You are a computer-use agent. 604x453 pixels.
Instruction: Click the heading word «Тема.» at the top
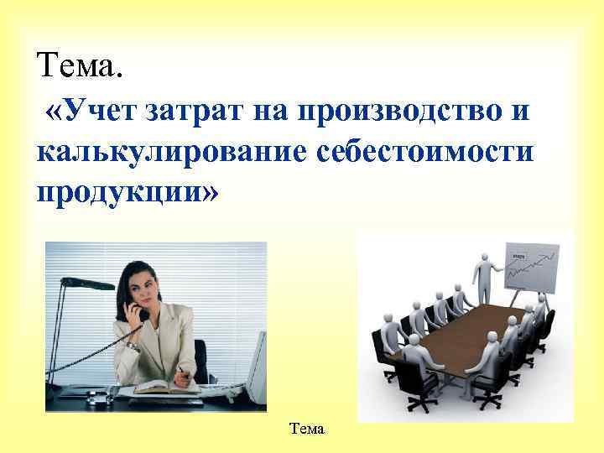click(79, 65)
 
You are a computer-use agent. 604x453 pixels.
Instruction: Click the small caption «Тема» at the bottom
click(306, 429)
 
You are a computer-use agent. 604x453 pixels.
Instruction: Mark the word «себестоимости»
click(411, 152)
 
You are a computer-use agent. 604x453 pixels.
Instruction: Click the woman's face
click(145, 286)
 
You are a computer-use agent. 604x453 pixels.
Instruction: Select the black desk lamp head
click(97, 284)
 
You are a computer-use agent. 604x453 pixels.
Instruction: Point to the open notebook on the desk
click(168, 387)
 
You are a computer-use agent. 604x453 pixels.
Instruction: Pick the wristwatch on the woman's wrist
click(133, 345)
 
